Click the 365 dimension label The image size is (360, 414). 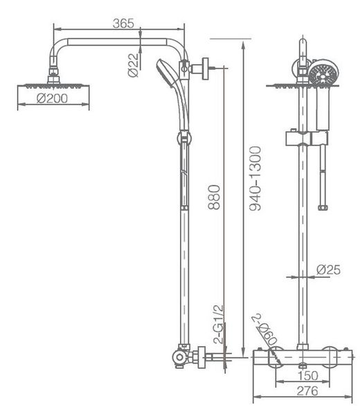click(x=123, y=23)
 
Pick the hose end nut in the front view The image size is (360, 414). click(x=320, y=206)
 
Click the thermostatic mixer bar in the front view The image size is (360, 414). click(x=303, y=358)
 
